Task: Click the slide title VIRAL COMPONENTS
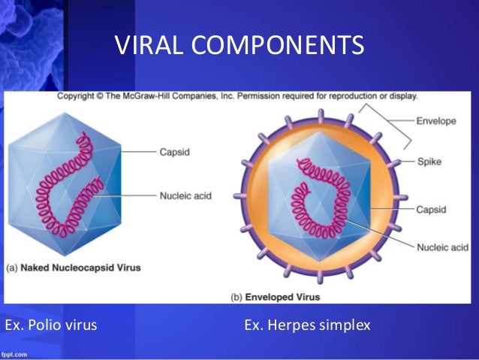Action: (239, 46)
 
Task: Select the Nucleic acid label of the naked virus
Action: (185, 196)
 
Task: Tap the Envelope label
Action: (437, 120)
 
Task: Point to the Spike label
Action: (429, 162)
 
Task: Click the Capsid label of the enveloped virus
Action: (432, 210)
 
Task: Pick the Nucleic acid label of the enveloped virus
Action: (443, 247)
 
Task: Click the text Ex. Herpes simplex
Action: (307, 325)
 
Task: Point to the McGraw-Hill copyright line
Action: (238, 96)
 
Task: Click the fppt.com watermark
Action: (14, 353)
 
